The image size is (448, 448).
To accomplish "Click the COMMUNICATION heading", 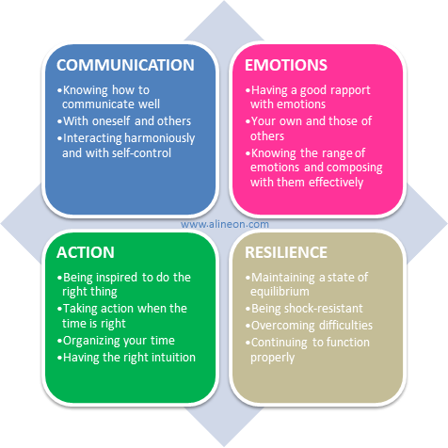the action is coord(125,65).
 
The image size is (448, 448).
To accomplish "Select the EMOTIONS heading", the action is coord(286,65).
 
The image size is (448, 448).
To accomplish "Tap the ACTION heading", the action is coord(86,252).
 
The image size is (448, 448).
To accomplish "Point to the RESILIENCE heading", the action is coord(286,252).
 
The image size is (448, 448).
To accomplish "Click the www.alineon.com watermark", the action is coord(225,224).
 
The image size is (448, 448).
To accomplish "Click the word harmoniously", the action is coord(160,138).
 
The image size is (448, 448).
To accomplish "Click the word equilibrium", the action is coord(280,292).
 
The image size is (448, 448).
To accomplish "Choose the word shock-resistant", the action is coord(324,309).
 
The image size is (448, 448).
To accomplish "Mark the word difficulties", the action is coord(345,326).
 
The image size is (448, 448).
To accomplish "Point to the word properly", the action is coord(273,359).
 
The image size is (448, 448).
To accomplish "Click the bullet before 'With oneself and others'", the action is coord(59,122).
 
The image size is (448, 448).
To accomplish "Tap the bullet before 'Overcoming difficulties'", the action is coord(248,327).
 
